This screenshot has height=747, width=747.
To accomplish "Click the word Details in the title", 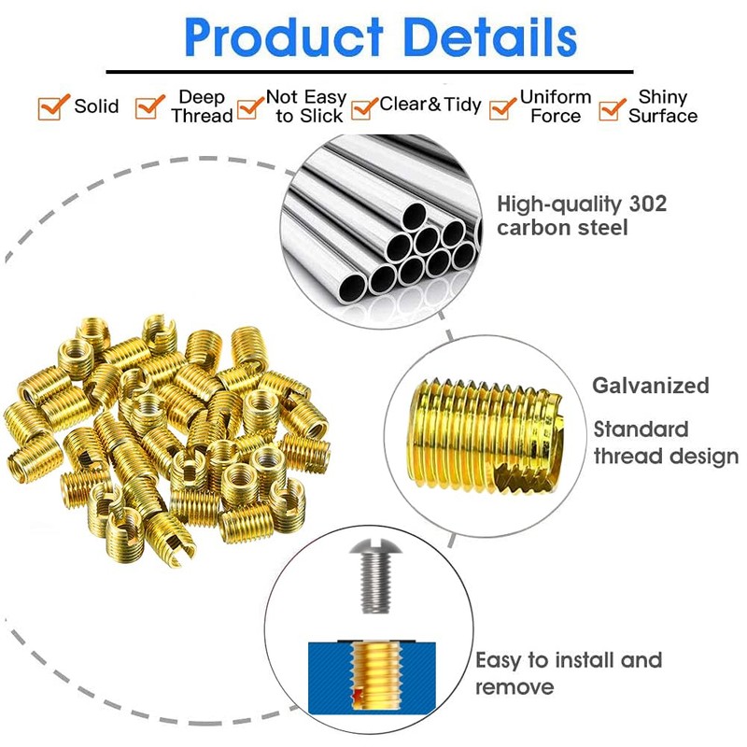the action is pyautogui.click(x=485, y=38).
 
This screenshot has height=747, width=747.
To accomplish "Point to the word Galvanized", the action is pyautogui.click(x=651, y=385).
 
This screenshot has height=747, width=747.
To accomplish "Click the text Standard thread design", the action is pyautogui.click(x=666, y=443).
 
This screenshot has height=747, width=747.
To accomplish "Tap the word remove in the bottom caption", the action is pyautogui.click(x=514, y=687).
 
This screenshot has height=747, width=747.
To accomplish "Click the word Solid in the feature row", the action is pyautogui.click(x=97, y=106).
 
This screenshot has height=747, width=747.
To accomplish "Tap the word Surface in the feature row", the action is pyautogui.click(x=662, y=116).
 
